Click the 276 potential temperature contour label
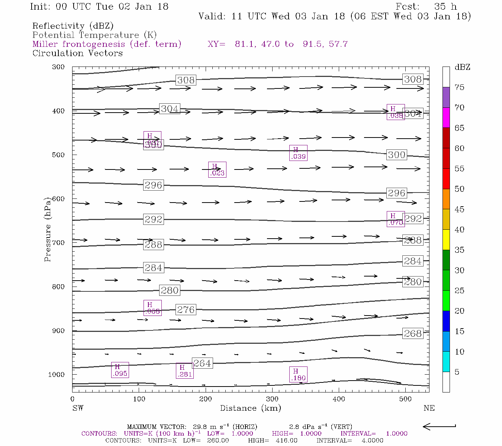[x=186, y=310]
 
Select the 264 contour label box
[x=202, y=363]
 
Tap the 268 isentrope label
[x=413, y=333]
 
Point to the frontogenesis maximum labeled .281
[x=184, y=371]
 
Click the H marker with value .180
[x=298, y=375]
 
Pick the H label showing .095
[x=120, y=370]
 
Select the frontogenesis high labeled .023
[x=217, y=170]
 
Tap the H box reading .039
[x=298, y=153]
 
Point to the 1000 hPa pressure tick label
[x=57, y=375]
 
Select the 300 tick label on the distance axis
[x=272, y=399]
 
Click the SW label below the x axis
[x=78, y=408]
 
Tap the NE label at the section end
[x=429, y=408]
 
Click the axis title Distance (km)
[x=251, y=408]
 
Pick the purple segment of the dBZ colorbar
[x=446, y=97]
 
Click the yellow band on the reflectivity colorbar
[x=446, y=240]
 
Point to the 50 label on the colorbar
[x=460, y=189]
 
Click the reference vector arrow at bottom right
[x=439, y=426]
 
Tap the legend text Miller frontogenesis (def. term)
[x=107, y=44]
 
